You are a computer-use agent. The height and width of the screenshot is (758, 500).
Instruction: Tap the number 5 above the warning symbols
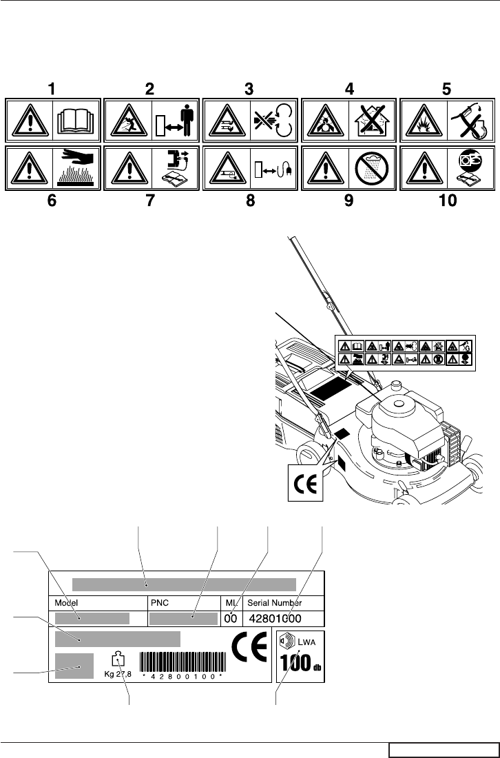point(446,89)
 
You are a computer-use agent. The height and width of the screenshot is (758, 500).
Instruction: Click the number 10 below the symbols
point(447,204)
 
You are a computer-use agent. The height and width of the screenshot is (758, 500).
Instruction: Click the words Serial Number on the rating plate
point(275,602)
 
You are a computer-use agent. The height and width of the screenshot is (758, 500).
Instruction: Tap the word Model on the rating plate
point(67,602)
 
